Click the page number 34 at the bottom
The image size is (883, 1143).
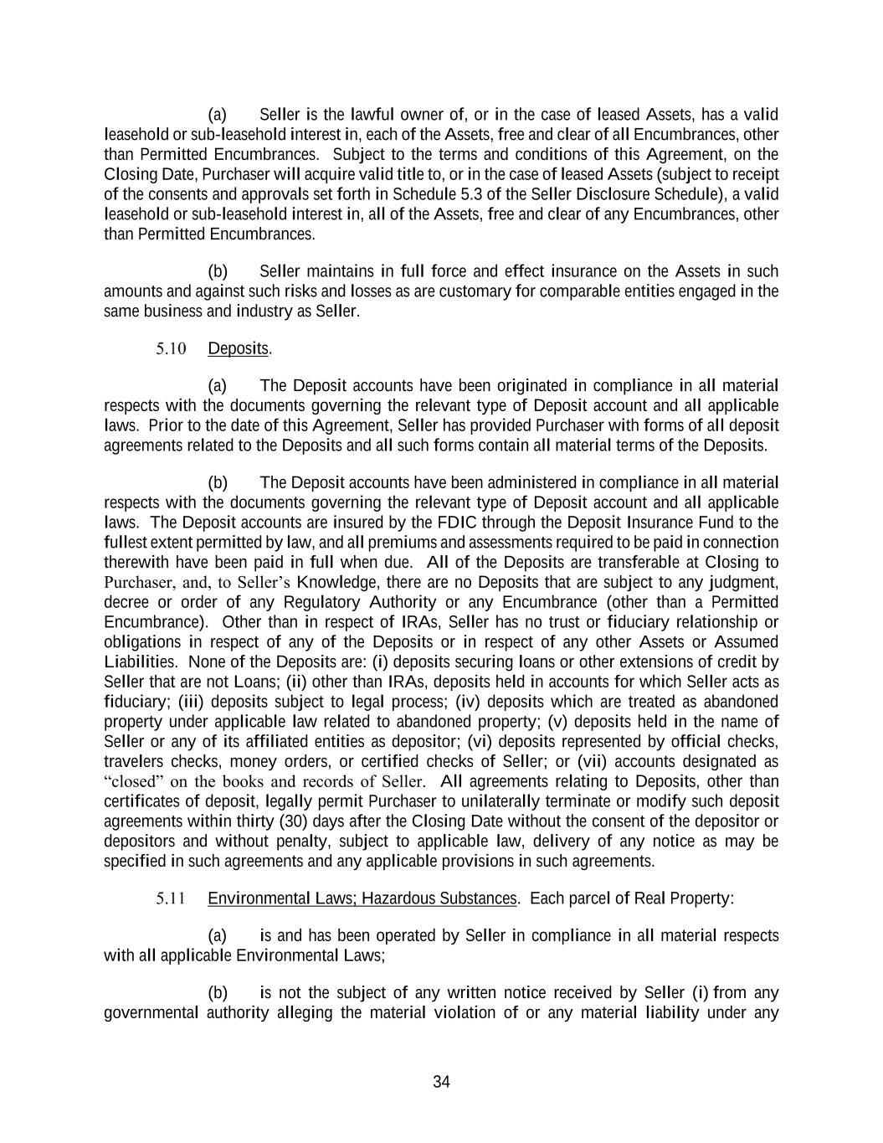coord(441,1082)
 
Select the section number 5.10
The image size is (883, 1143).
coord(171,348)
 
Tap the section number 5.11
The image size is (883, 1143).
coord(171,898)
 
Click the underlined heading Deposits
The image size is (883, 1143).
coord(239,348)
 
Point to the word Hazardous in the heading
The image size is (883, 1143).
coord(397,898)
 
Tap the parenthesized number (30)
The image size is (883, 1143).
coord(326,821)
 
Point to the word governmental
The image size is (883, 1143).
coord(151,1013)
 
